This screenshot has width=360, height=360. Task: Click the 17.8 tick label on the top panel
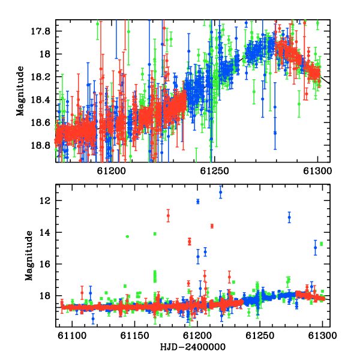[x=40, y=31]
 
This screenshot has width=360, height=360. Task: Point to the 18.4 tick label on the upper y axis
[x=40, y=100]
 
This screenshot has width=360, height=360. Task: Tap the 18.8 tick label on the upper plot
[x=40, y=146]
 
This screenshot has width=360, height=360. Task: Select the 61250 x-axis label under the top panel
[x=214, y=171]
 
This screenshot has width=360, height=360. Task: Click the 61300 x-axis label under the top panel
[x=317, y=171]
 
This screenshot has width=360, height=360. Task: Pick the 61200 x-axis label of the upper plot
[x=112, y=171]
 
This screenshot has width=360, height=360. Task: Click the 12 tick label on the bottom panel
[x=45, y=201]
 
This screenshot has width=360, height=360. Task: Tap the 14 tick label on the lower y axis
[x=45, y=233]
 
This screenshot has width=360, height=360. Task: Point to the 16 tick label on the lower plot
[x=45, y=264]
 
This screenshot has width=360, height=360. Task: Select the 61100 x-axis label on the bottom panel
[x=72, y=335]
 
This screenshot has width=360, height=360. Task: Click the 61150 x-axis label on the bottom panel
[x=135, y=335]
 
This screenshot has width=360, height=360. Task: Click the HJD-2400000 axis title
[x=193, y=347]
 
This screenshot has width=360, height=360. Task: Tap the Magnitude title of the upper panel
[x=20, y=91]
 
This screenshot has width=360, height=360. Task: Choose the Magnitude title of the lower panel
[x=29, y=256]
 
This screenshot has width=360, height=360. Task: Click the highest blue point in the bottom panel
[x=221, y=192]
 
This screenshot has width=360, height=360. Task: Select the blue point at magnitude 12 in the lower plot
[x=198, y=202]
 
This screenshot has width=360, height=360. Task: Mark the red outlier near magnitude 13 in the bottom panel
[x=168, y=215]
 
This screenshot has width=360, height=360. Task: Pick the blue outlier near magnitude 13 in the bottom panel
[x=289, y=217]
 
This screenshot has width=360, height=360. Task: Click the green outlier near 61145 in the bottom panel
[x=127, y=236]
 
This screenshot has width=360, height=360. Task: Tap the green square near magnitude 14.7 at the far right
[x=322, y=244]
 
